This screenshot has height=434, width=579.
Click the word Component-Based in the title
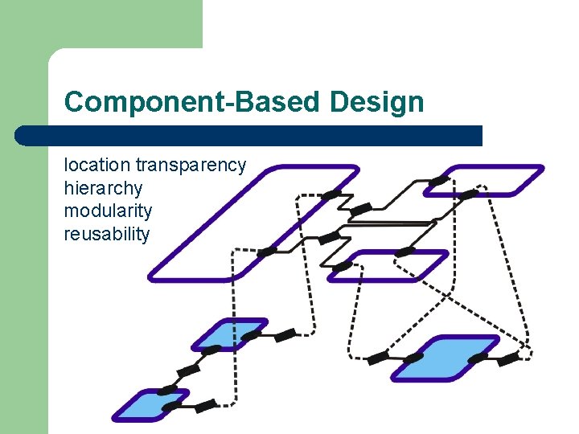tap(194, 102)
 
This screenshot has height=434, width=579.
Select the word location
tap(96, 166)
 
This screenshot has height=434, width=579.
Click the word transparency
tap(191, 166)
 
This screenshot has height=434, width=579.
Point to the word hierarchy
tap(103, 189)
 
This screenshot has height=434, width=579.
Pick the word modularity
tap(108, 211)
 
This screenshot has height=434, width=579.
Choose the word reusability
tap(107, 235)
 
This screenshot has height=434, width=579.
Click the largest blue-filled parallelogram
tap(445, 358)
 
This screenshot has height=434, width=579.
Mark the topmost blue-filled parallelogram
tap(229, 334)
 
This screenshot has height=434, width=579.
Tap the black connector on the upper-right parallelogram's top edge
tap(438, 180)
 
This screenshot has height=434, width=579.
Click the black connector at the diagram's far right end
tap(508, 360)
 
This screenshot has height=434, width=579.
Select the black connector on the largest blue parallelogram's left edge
tap(413, 358)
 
